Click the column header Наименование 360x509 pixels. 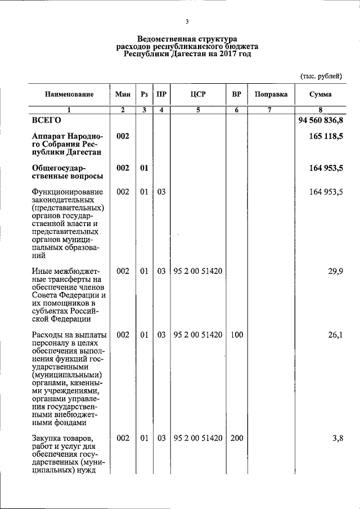[x=69, y=94]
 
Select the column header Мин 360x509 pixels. [x=122, y=94]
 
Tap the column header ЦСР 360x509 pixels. [x=198, y=94]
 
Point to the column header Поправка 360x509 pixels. [x=271, y=94]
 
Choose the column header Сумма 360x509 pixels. [x=320, y=94]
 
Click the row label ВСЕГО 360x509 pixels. [x=46, y=120]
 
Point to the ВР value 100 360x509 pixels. [x=236, y=335]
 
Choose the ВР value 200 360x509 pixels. [x=236, y=438]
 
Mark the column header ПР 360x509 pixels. [x=161, y=94]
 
